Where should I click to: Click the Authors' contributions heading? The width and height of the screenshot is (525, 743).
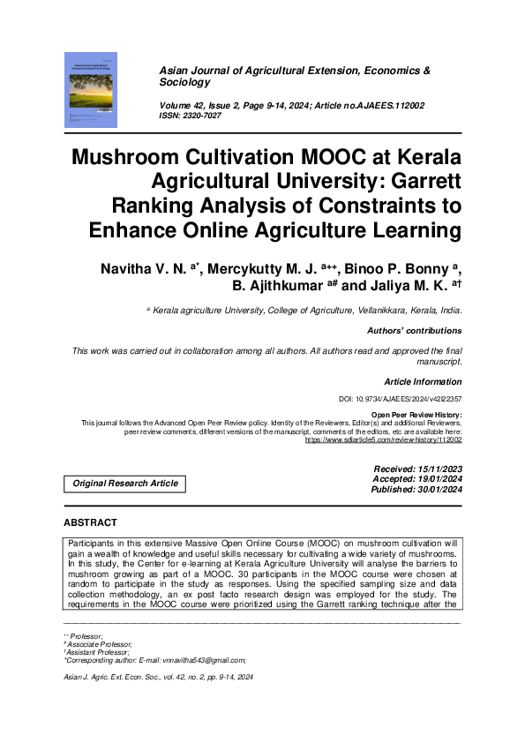(x=414, y=331)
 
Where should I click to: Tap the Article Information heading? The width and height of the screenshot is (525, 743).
(x=423, y=382)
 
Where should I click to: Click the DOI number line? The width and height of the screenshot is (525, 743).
(x=401, y=400)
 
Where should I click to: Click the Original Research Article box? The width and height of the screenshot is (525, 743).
(x=125, y=483)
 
